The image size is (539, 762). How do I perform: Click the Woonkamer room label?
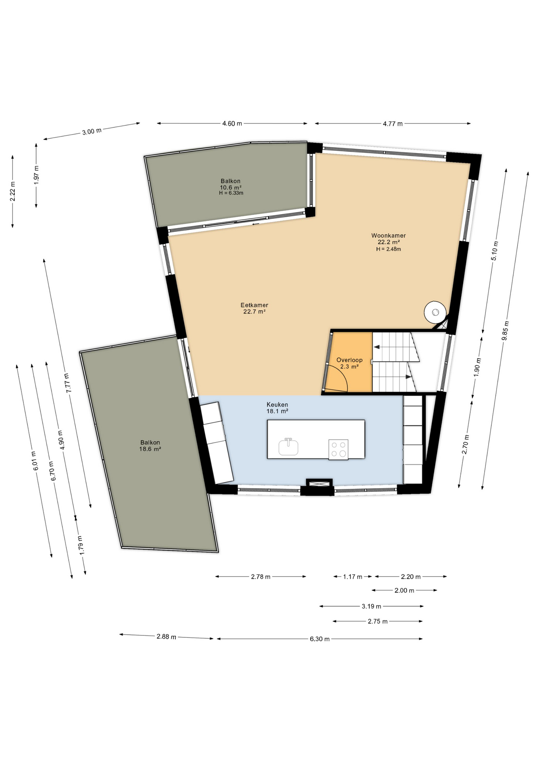(x=388, y=235)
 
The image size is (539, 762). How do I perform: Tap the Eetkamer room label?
(x=254, y=305)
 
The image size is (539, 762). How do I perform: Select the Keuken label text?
(x=277, y=405)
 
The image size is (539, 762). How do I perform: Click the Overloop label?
(x=349, y=360)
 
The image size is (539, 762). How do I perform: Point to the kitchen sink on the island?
(x=288, y=447)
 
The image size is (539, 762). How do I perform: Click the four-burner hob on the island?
(x=338, y=449)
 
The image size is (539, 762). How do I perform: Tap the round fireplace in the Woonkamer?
(x=435, y=312)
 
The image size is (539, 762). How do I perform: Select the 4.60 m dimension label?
(x=232, y=123)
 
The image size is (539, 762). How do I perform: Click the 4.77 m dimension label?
(x=393, y=124)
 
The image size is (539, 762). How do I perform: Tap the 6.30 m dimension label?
(x=320, y=639)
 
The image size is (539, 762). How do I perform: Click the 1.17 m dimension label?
(x=352, y=577)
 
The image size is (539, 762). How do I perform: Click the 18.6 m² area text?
(x=150, y=449)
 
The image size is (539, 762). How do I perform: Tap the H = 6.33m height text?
(x=231, y=193)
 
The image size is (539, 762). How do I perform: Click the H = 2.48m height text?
(x=389, y=249)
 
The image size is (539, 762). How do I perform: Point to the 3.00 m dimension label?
(x=92, y=131)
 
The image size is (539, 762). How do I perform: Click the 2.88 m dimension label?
(x=166, y=637)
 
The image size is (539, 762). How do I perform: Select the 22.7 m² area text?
(x=254, y=312)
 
